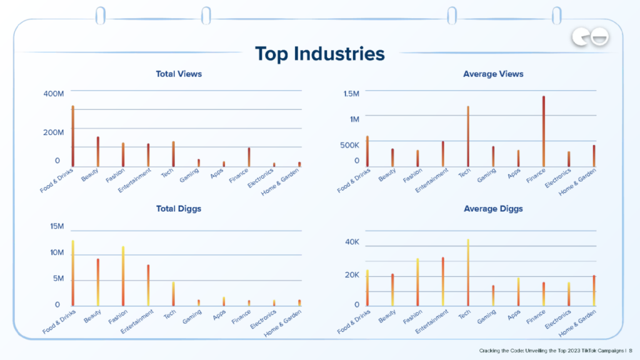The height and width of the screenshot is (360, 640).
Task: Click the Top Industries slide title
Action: coord(319,54)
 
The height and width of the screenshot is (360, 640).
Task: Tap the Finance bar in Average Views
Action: coord(544,131)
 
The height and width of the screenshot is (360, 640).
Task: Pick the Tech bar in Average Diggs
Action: coord(468,272)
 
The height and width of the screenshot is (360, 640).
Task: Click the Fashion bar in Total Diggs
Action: coord(123,276)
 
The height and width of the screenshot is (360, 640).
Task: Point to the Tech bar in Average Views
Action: coord(468,136)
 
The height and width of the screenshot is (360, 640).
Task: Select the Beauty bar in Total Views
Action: coord(98,151)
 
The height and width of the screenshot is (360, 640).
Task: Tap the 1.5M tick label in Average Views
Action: coord(351,94)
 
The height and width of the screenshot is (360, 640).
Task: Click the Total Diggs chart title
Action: coord(179,209)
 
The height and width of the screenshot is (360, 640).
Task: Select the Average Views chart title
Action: coord(493,74)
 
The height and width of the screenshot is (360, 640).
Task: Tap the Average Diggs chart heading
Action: coord(493,209)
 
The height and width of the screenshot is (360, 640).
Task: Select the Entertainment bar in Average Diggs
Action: coord(443,281)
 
